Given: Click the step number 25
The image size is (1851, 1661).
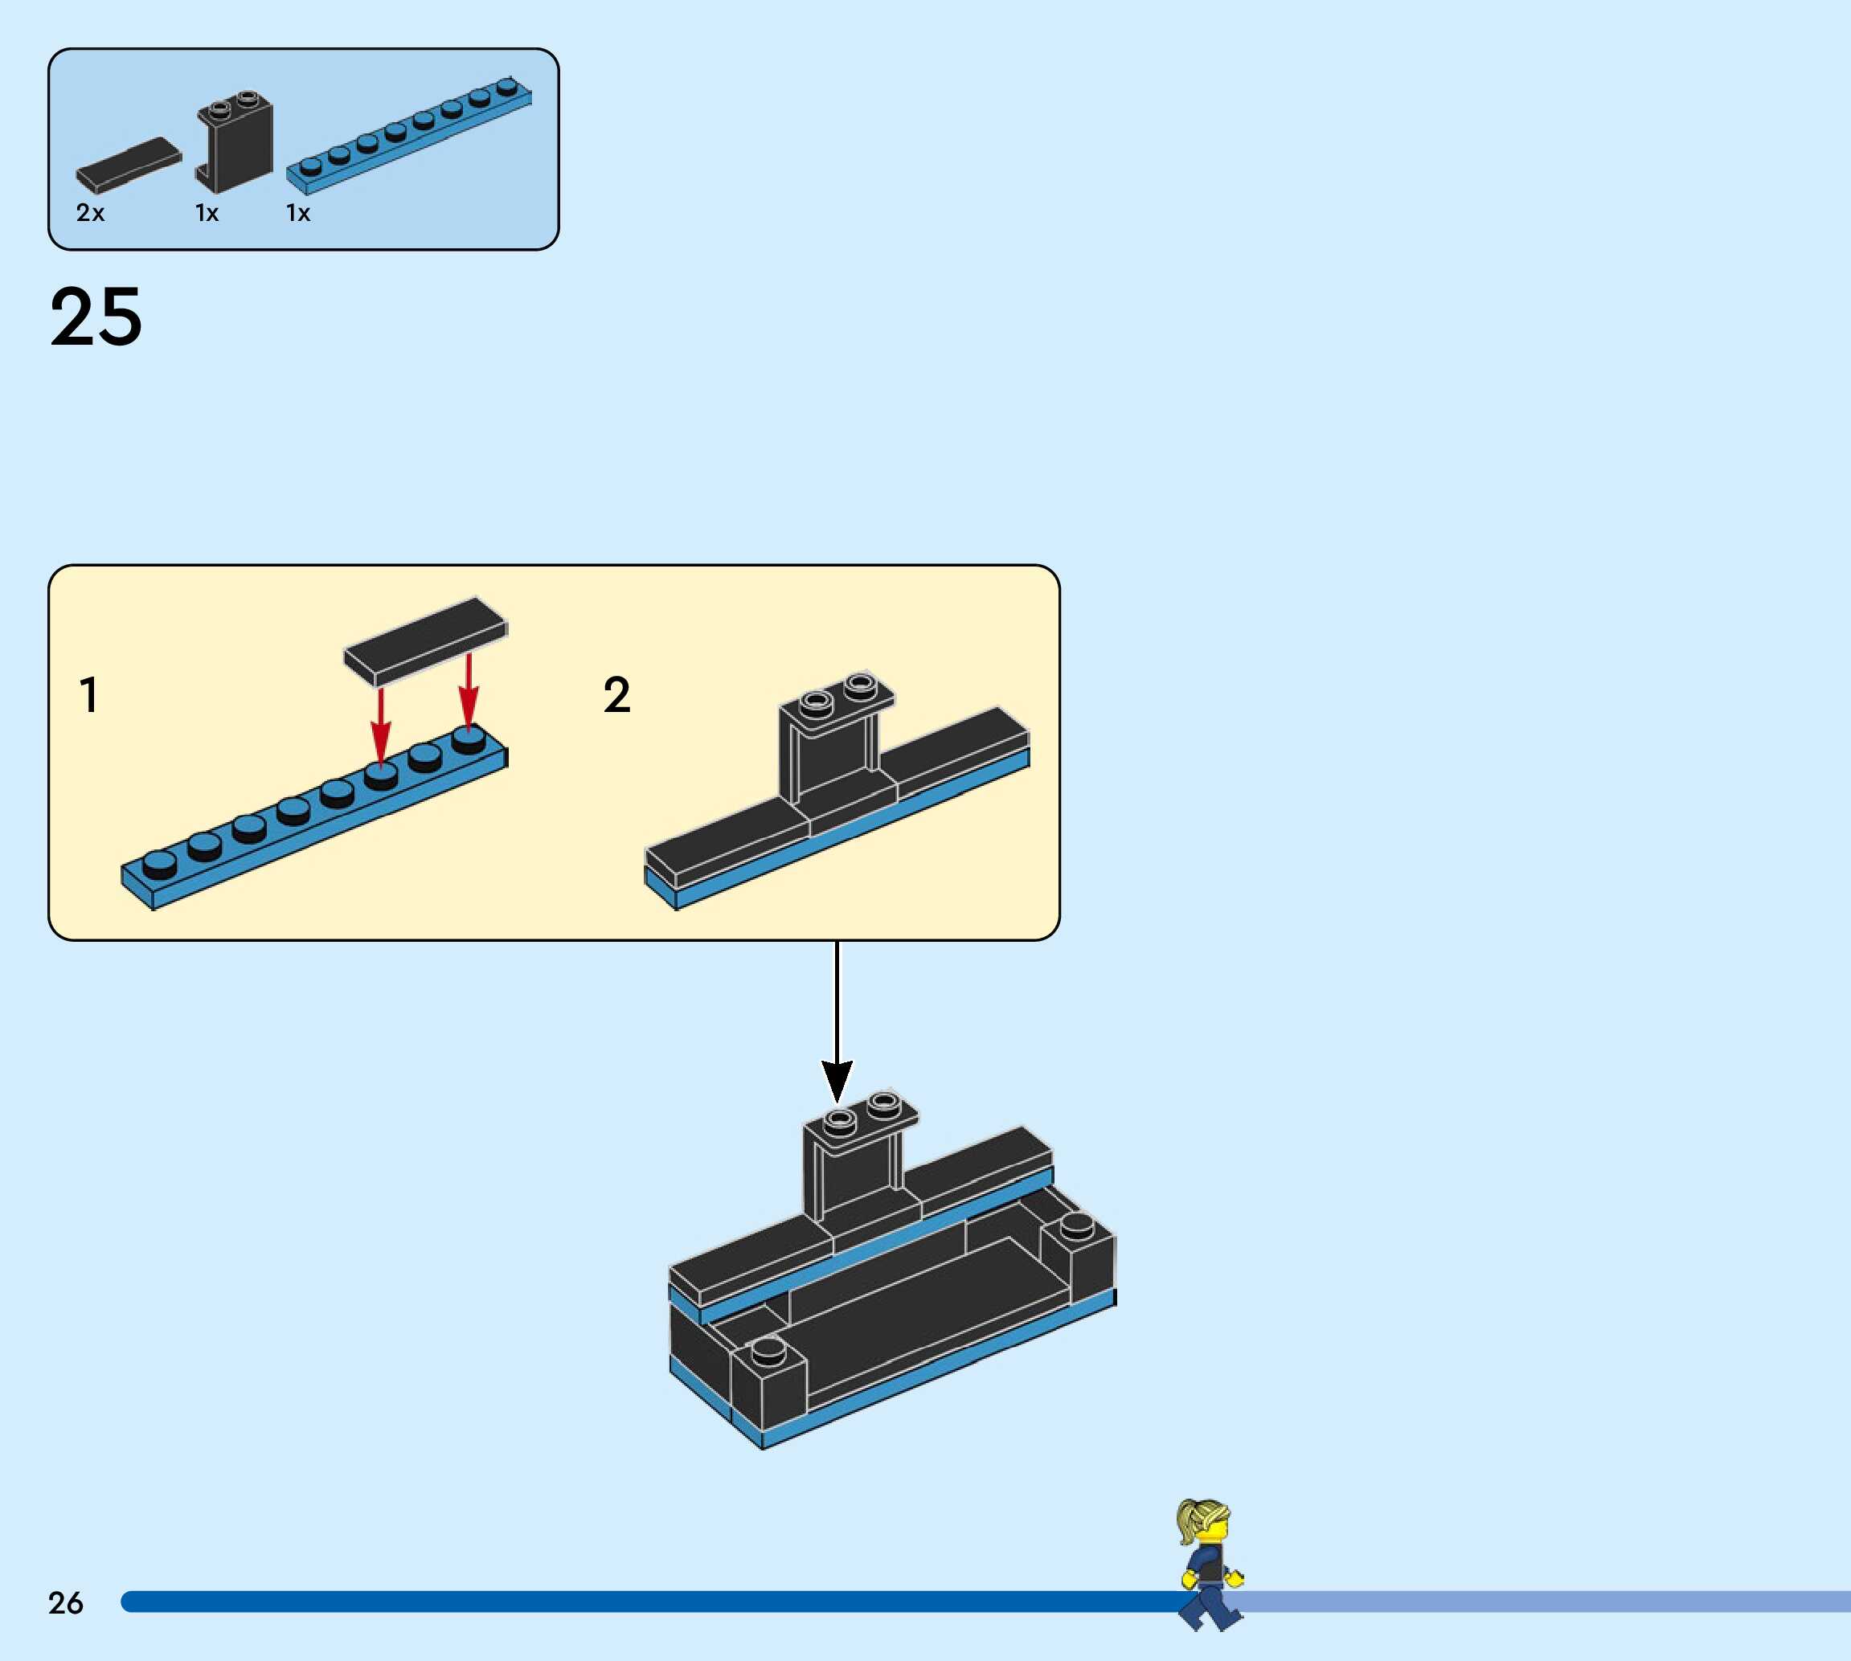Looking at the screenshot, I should pyautogui.click(x=96, y=317).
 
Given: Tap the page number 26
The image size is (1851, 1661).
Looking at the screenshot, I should pyautogui.click(x=66, y=1602).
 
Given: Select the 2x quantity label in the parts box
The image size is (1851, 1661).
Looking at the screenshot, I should pyautogui.click(x=90, y=213).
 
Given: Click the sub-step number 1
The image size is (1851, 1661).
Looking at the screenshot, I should pyautogui.click(x=88, y=694).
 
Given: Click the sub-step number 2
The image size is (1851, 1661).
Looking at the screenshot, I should pyautogui.click(x=617, y=694).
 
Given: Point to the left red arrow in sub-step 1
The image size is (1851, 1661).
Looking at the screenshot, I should pyautogui.click(x=381, y=722).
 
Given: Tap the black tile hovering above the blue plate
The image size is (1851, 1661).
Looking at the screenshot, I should pyautogui.click(x=425, y=640).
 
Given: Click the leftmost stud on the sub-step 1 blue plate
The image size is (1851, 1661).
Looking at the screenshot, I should pyautogui.click(x=159, y=863).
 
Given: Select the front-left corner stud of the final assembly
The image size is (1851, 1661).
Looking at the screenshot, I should pyautogui.click(x=768, y=1349).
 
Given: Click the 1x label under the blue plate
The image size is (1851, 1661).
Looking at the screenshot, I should pyautogui.click(x=298, y=213).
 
